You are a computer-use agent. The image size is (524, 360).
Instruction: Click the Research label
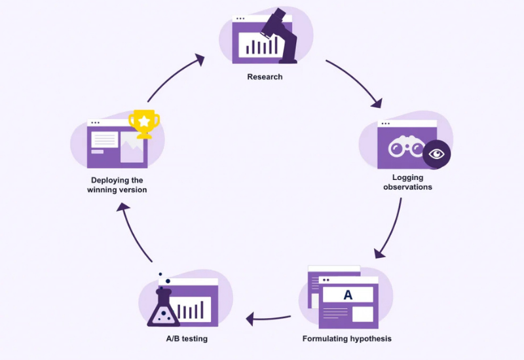coord(265,77)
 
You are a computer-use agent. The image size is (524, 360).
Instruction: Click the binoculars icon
coord(406,146)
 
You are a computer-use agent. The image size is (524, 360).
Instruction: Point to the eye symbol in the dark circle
coord(436,154)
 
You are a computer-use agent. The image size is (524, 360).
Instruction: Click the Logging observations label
coord(407,183)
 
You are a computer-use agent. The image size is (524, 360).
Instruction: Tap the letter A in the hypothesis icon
coord(348,295)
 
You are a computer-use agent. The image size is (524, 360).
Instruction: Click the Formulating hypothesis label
coord(347,338)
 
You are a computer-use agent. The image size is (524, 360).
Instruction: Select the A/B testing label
coord(187,338)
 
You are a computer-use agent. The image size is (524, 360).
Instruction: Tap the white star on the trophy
coord(144,121)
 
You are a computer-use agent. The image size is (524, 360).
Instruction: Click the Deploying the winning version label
coord(117,185)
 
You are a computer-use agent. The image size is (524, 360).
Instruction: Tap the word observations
coord(407,187)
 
